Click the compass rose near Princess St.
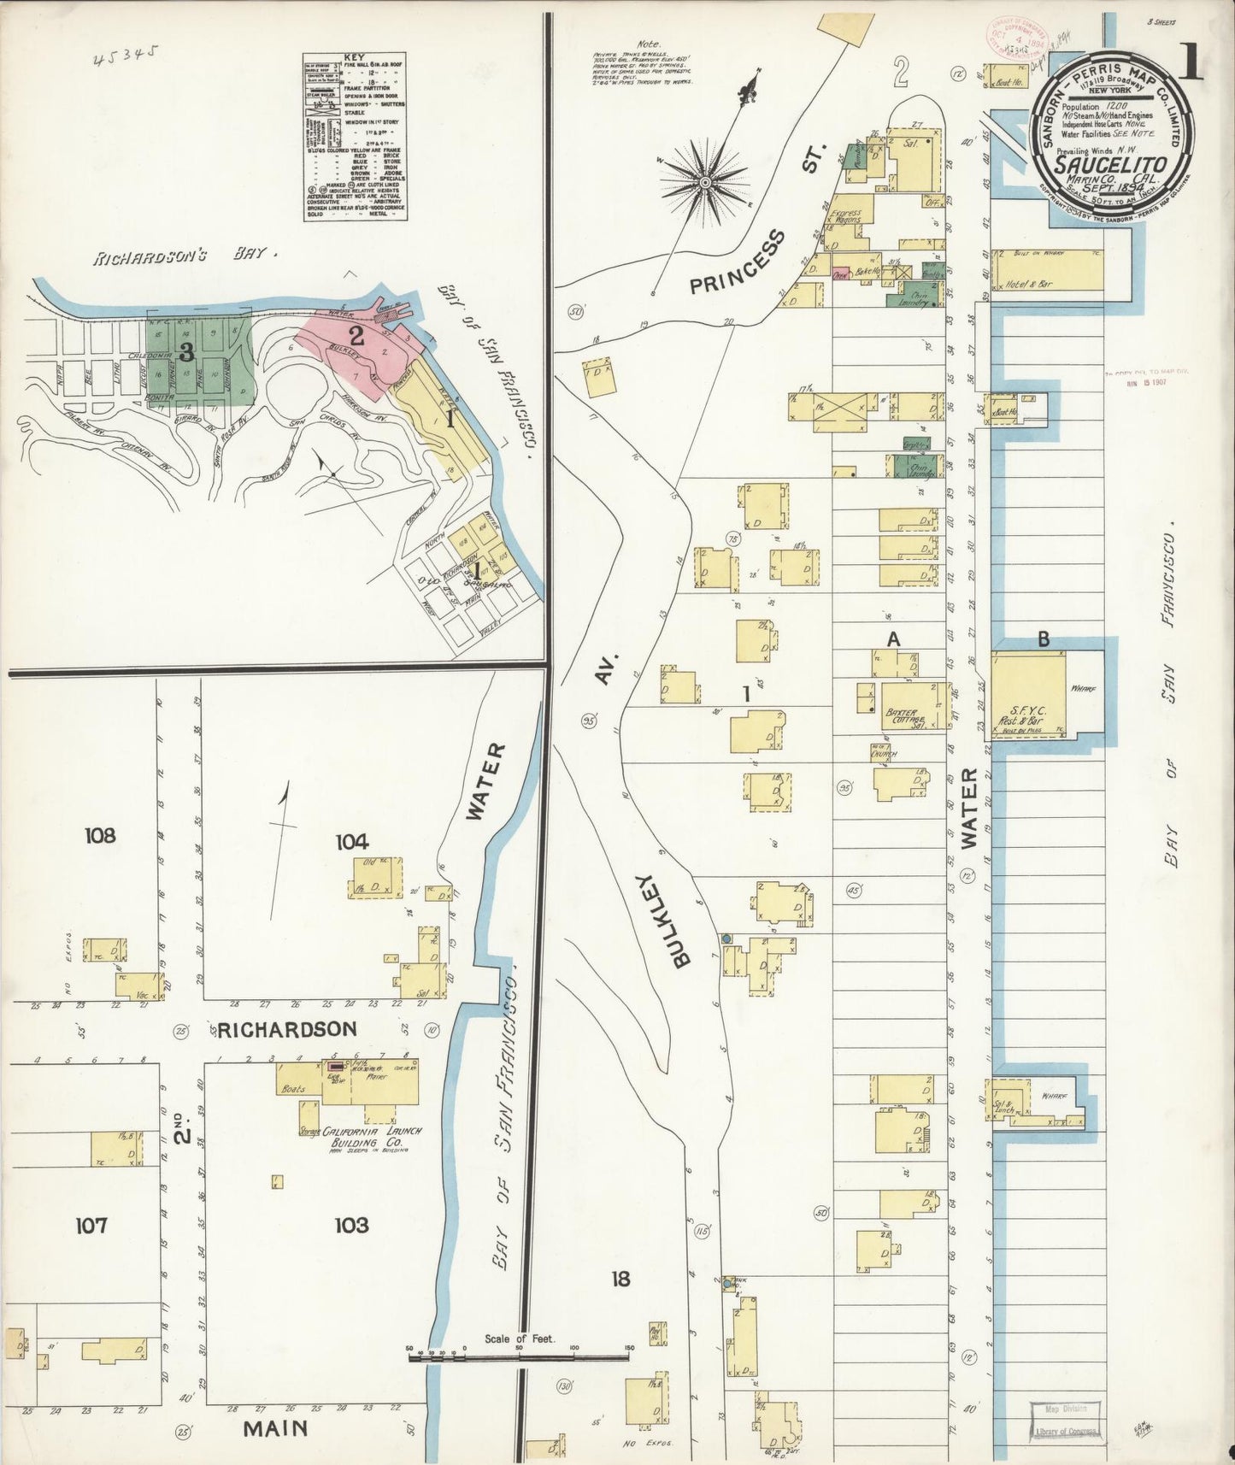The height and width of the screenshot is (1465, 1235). (706, 182)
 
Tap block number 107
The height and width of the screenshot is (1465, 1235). (91, 1226)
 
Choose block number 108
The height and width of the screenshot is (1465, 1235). (99, 835)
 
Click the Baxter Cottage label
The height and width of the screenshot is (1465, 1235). (902, 715)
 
